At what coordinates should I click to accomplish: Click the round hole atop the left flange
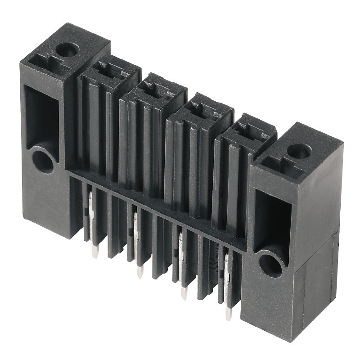pos(69,49)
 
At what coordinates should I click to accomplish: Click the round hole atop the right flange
pos(299,151)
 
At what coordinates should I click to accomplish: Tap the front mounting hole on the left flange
pos(43,162)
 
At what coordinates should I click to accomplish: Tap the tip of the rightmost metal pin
pos(229,316)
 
